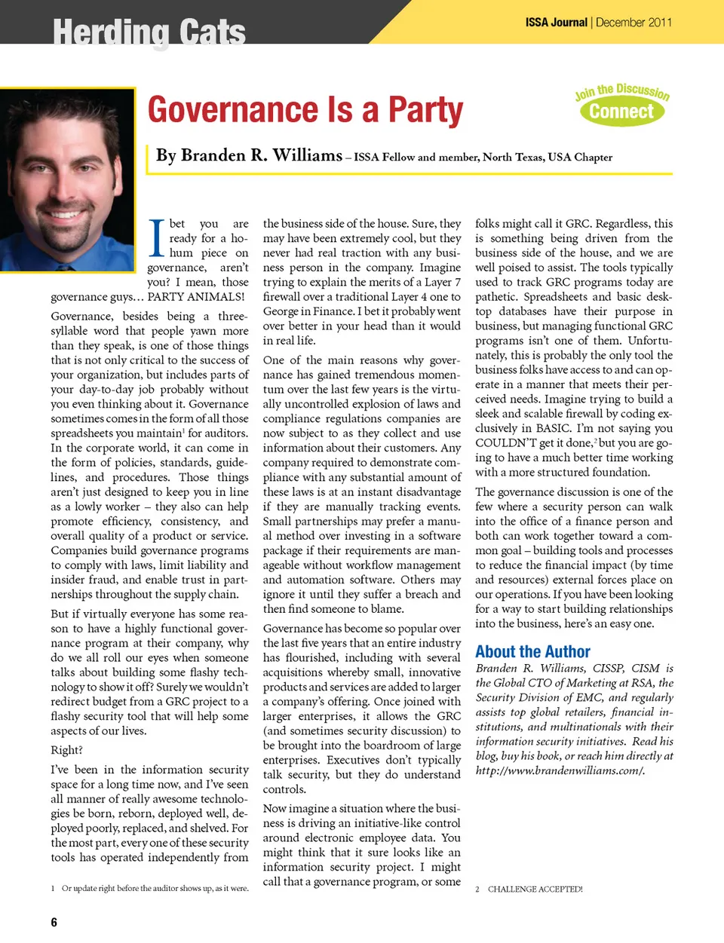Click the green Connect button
pyautogui.click(x=621, y=112)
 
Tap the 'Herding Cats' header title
pyautogui.click(x=149, y=32)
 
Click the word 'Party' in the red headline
pyautogui.click(x=425, y=110)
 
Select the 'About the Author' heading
pyautogui.click(x=532, y=652)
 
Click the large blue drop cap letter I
pyautogui.click(x=156, y=238)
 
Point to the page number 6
pyautogui.click(x=54, y=922)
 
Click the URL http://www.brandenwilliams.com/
pyautogui.click(x=560, y=770)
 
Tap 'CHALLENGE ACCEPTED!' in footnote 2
pyautogui.click(x=535, y=889)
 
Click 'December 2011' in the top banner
pyautogui.click(x=633, y=23)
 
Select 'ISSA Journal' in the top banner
pyautogui.click(x=556, y=23)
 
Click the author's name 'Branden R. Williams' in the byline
pyautogui.click(x=249, y=155)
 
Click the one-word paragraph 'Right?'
pyautogui.click(x=67, y=750)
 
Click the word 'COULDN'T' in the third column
pyautogui.click(x=505, y=442)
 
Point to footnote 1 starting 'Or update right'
pyautogui.click(x=155, y=888)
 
